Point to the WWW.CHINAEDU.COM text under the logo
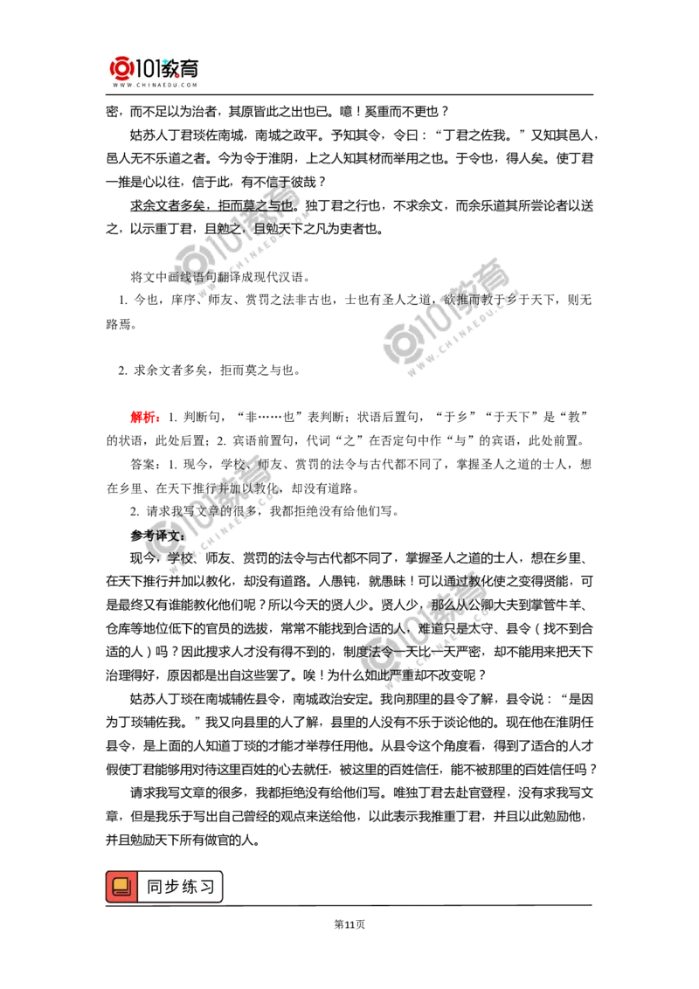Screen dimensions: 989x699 tap(155, 86)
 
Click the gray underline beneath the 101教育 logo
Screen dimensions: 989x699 tap(154, 94)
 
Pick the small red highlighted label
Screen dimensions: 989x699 tap(143, 418)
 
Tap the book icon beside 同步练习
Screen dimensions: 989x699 tap(121, 887)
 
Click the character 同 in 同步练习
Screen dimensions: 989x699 tap(155, 887)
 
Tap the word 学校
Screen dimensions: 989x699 tap(178, 556)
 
